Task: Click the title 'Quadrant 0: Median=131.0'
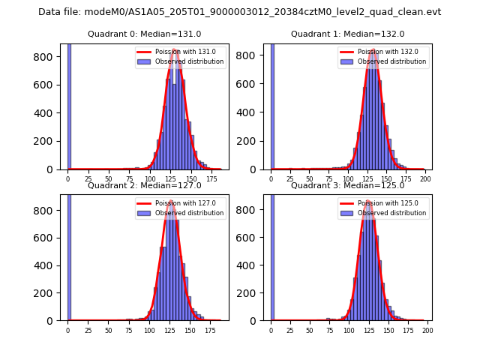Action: pos(145,34)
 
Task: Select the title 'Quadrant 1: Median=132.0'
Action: pos(347,34)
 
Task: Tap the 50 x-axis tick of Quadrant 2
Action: pos(109,330)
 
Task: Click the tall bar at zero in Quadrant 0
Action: pos(69,105)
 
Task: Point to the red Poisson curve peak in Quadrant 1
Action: pos(373,49)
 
